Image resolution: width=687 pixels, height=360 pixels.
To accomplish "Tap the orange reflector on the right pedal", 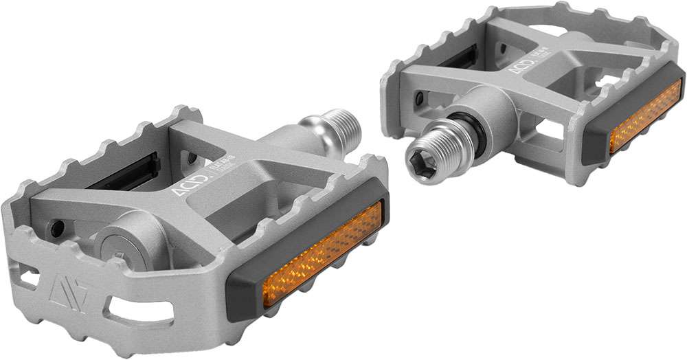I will click(x=645, y=116).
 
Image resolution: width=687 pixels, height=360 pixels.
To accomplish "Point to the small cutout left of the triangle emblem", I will click(x=27, y=278).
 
